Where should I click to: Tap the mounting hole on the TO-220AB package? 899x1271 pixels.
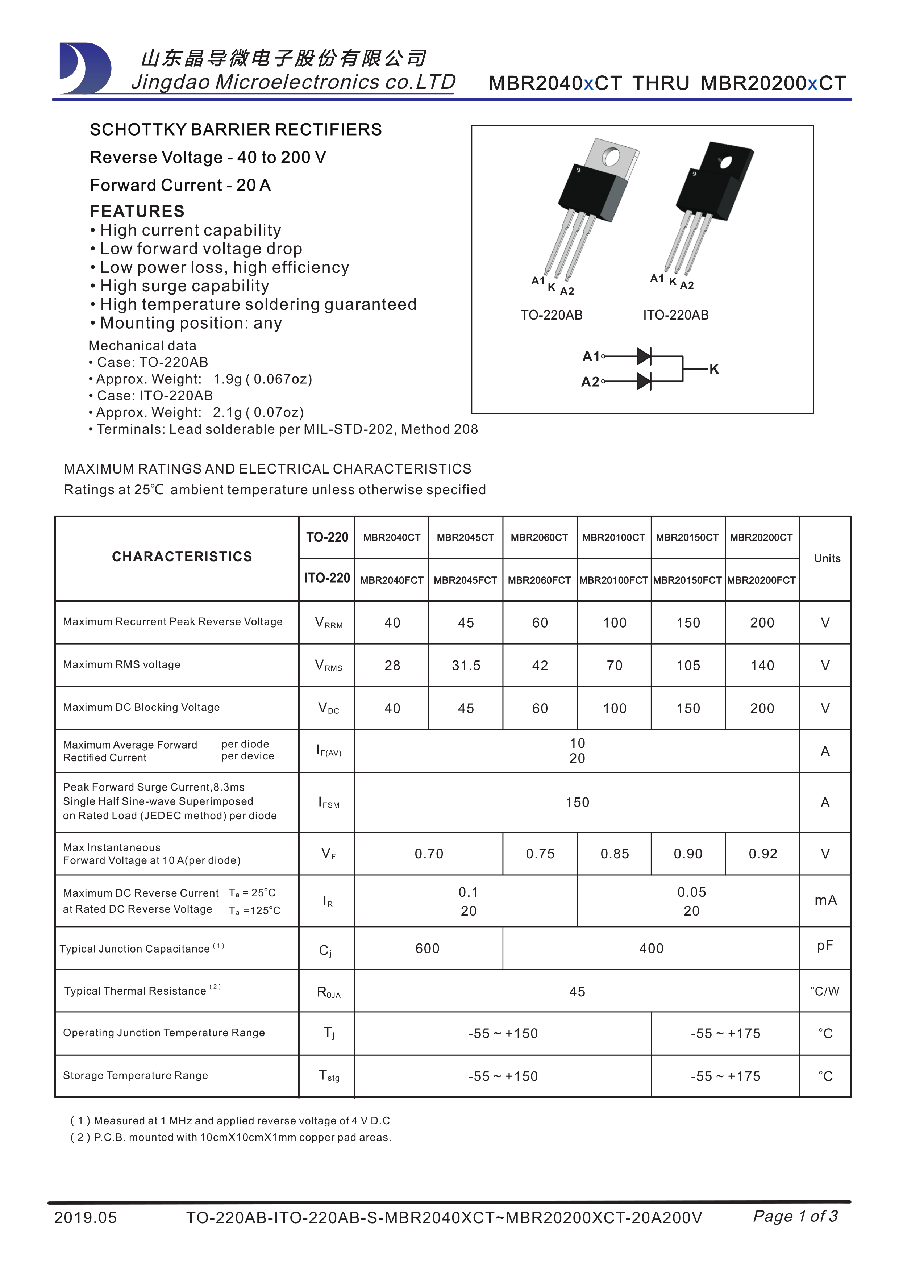611,157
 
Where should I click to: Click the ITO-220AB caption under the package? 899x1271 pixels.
675,315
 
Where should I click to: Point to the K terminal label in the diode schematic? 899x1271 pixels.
714,369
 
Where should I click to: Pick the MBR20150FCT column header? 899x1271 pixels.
687,580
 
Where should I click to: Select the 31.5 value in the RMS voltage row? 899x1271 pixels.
466,666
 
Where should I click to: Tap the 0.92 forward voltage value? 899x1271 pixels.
763,854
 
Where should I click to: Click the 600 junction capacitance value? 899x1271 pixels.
427,948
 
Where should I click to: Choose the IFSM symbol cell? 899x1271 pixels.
328,802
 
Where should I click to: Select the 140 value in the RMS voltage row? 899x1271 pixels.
762,666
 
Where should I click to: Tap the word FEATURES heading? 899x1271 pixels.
137,212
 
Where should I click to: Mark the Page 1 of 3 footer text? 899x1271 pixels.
795,1216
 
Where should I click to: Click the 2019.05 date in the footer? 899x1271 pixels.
86,1218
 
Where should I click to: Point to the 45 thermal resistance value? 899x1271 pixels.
577,991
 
